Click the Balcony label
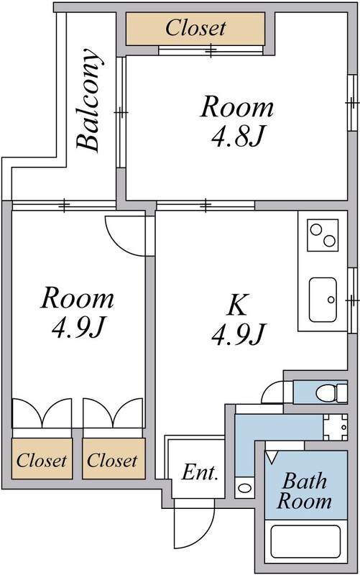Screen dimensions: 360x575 (x=88, y=100)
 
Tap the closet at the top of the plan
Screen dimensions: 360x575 (x=195, y=29)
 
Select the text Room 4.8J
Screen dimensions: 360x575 (x=237, y=121)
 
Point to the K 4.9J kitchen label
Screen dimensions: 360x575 (x=238, y=319)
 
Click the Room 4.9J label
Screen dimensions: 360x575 (x=77, y=313)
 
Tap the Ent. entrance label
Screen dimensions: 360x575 (x=200, y=472)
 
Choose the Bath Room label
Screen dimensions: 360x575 (x=304, y=491)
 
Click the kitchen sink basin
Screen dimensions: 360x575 (x=323, y=300)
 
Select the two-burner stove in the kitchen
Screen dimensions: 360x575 (x=323, y=236)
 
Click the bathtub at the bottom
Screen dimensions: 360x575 (x=305, y=542)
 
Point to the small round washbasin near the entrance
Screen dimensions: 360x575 (x=244, y=488)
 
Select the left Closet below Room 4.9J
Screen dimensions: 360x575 (x=42, y=459)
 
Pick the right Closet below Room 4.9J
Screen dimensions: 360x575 (x=114, y=459)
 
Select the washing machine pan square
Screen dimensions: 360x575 (x=335, y=427)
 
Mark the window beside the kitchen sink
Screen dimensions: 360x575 (x=352, y=300)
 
